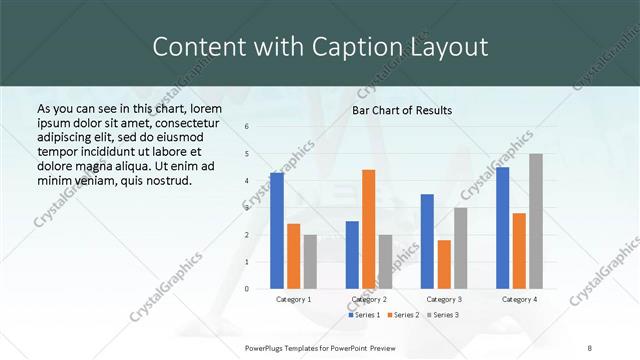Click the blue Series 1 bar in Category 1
pos(277,230)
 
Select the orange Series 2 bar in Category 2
pos(368,229)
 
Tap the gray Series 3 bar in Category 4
pos(536,221)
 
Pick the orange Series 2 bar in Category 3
pos(444,264)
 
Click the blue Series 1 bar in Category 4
pos(502,227)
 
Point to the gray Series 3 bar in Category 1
pos(310,261)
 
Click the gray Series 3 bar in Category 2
pos(385,261)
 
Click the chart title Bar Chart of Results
pos(402,110)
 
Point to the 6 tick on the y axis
pos(248,127)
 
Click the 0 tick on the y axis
pos(248,288)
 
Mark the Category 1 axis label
pos(293,299)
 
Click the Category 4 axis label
pos(519,299)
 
